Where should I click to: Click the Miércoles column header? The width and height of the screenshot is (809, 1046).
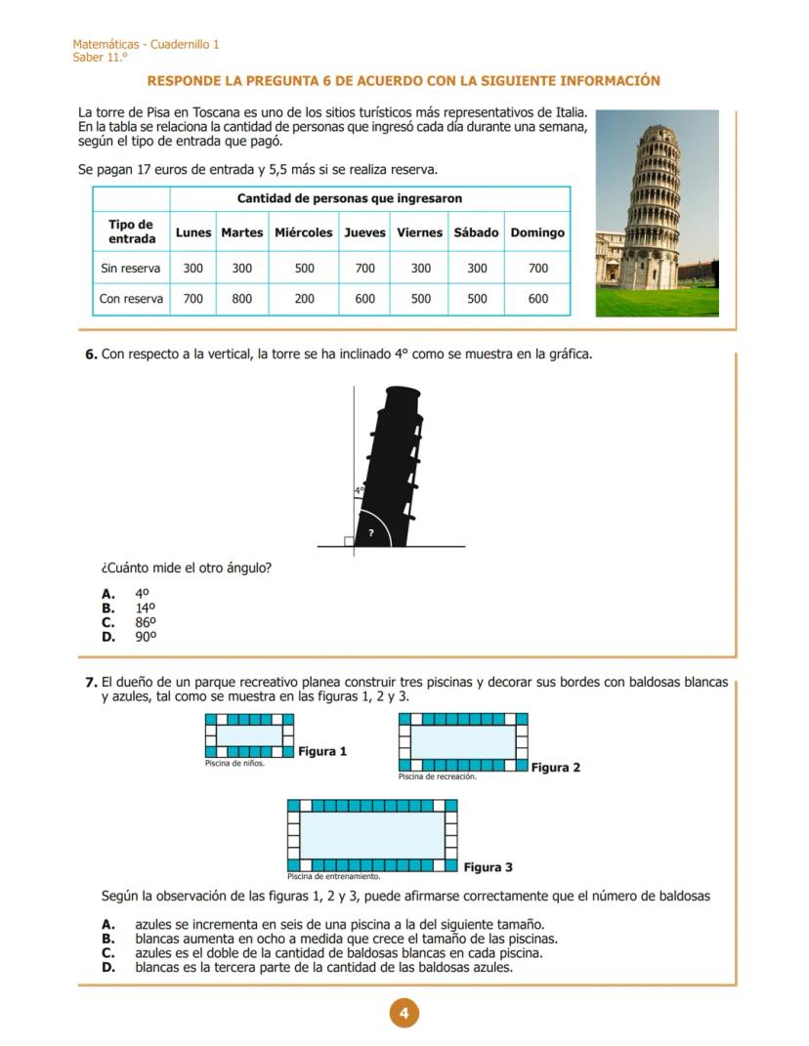304,232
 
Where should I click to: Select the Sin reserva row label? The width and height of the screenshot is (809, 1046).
131,268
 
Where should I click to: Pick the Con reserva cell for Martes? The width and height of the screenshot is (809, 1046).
242,299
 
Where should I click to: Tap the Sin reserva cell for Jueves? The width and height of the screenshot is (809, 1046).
364,268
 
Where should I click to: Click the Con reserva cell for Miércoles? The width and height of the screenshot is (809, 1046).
304,299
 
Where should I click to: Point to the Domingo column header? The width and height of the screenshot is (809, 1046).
537,232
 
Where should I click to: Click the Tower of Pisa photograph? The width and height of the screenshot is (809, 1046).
657,213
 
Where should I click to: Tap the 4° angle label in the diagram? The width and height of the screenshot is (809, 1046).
360,490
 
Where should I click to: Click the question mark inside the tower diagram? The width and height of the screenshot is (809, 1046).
370,532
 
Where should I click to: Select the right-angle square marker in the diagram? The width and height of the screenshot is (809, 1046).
349,541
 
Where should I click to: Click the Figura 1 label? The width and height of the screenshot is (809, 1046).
322,751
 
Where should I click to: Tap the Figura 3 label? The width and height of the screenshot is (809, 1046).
488,867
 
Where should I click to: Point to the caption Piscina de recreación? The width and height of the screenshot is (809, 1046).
437,776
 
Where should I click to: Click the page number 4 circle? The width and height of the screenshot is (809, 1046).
404,1014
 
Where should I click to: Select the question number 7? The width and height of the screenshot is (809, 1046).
91,682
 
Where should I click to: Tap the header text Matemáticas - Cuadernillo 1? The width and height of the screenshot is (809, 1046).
146,45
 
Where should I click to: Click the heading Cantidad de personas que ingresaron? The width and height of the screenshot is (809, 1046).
350,198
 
